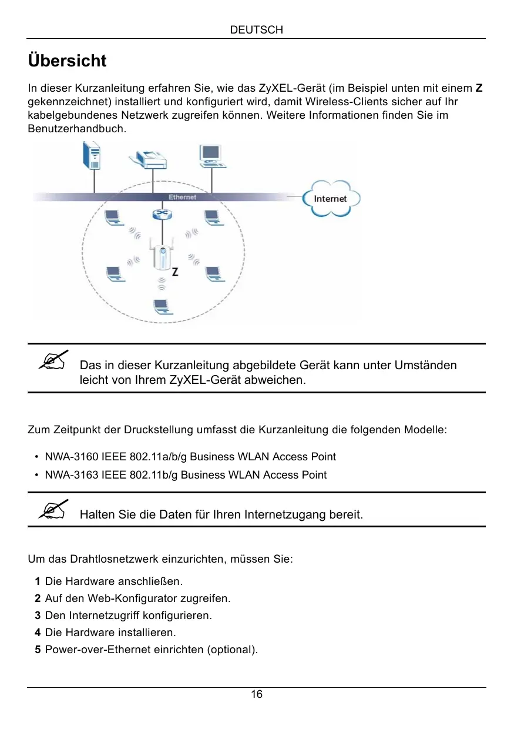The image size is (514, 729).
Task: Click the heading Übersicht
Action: coord(67,61)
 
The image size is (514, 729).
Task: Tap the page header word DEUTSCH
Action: coord(257,29)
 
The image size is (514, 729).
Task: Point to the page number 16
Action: coord(257,694)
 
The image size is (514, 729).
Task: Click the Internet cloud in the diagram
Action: coord(330,199)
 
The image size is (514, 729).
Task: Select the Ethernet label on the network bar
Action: coord(182,197)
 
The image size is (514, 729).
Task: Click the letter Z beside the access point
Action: coord(175,273)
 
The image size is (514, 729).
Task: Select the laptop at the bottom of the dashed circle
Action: coord(160,306)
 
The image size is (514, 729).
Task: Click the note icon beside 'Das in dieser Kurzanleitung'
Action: coord(52,360)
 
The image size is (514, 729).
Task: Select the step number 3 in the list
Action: coord(38,616)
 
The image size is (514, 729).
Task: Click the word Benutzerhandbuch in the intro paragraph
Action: coord(76,128)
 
